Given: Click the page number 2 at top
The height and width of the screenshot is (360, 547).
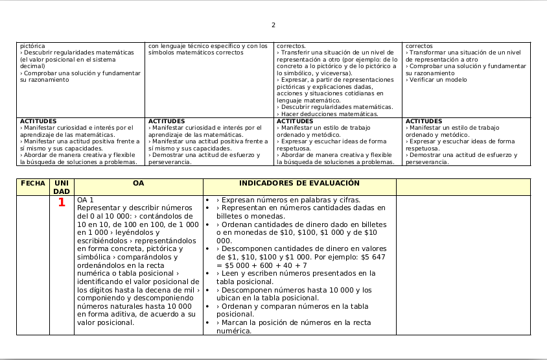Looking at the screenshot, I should pos(273,25).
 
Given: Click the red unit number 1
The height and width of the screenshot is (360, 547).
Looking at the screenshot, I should pos(62,202).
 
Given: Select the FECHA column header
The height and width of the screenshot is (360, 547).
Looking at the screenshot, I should pos(33,184).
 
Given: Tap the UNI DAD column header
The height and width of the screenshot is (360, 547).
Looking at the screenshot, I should pos(62,187).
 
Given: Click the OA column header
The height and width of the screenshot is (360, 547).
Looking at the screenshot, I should pos(138,184).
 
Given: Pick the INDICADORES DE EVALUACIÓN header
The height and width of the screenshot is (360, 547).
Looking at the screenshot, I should pos(299,184).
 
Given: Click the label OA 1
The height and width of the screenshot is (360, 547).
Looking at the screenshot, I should pos(86,200).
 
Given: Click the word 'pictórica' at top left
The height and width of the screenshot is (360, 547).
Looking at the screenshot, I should pos(32,46).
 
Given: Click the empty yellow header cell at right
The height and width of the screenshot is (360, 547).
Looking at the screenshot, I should pos(463,187).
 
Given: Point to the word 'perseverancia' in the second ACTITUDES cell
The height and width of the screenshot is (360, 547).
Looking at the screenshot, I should pos(170,162).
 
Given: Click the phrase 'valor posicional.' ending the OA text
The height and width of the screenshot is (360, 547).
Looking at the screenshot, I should pos(106,322).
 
